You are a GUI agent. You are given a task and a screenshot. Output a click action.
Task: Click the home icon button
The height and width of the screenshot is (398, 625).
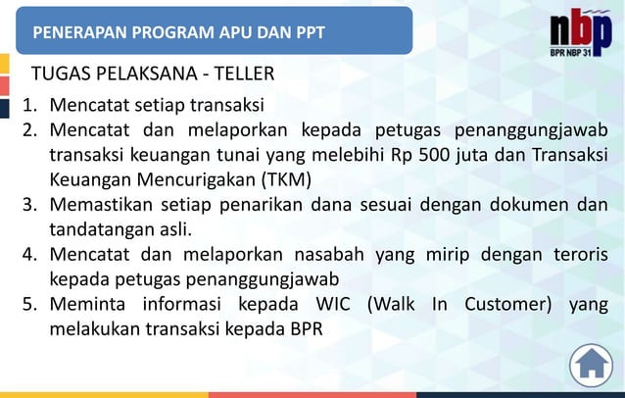590,365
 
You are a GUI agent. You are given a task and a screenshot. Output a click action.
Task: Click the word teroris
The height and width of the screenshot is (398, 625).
575,254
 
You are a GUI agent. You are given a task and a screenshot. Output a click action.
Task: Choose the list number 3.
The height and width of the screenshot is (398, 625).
30,205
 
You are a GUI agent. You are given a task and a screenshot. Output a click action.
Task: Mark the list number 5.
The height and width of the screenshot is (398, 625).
30,303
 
